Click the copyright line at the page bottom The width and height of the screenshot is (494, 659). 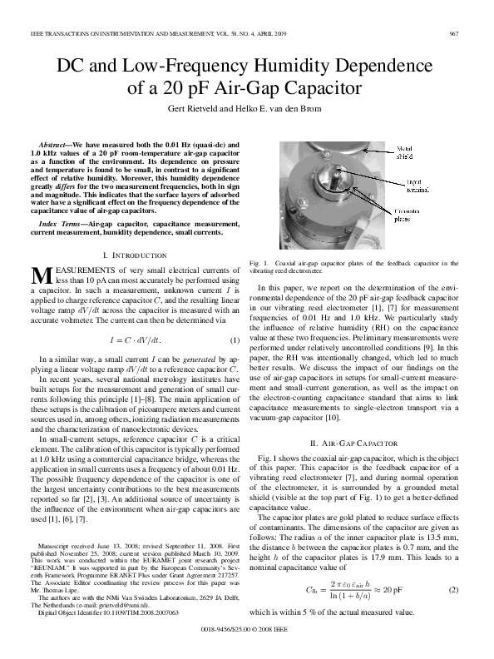pos(247,632)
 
